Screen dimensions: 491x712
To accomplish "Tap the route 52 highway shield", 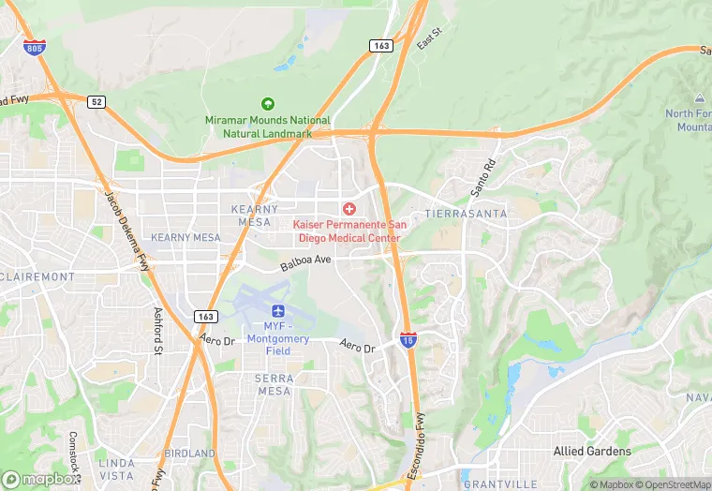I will point(96,101).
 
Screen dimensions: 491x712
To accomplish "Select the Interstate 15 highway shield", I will point(408,340).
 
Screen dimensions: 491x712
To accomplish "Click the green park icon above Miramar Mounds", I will point(268,104).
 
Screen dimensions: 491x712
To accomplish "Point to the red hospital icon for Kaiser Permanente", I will point(349,208).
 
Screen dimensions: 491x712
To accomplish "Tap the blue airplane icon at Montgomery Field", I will point(277,310).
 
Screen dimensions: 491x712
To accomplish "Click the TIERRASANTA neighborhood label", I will point(466,214).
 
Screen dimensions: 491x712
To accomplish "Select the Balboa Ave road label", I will point(306,263).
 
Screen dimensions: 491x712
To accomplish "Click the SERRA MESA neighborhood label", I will point(274,384).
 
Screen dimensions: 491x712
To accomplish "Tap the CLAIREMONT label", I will point(38,277).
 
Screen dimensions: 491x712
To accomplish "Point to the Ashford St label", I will point(157,331).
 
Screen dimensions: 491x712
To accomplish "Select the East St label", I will point(428,41).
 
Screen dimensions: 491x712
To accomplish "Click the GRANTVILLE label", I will point(499,484).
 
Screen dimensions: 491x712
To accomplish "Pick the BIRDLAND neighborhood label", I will point(189,454).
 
